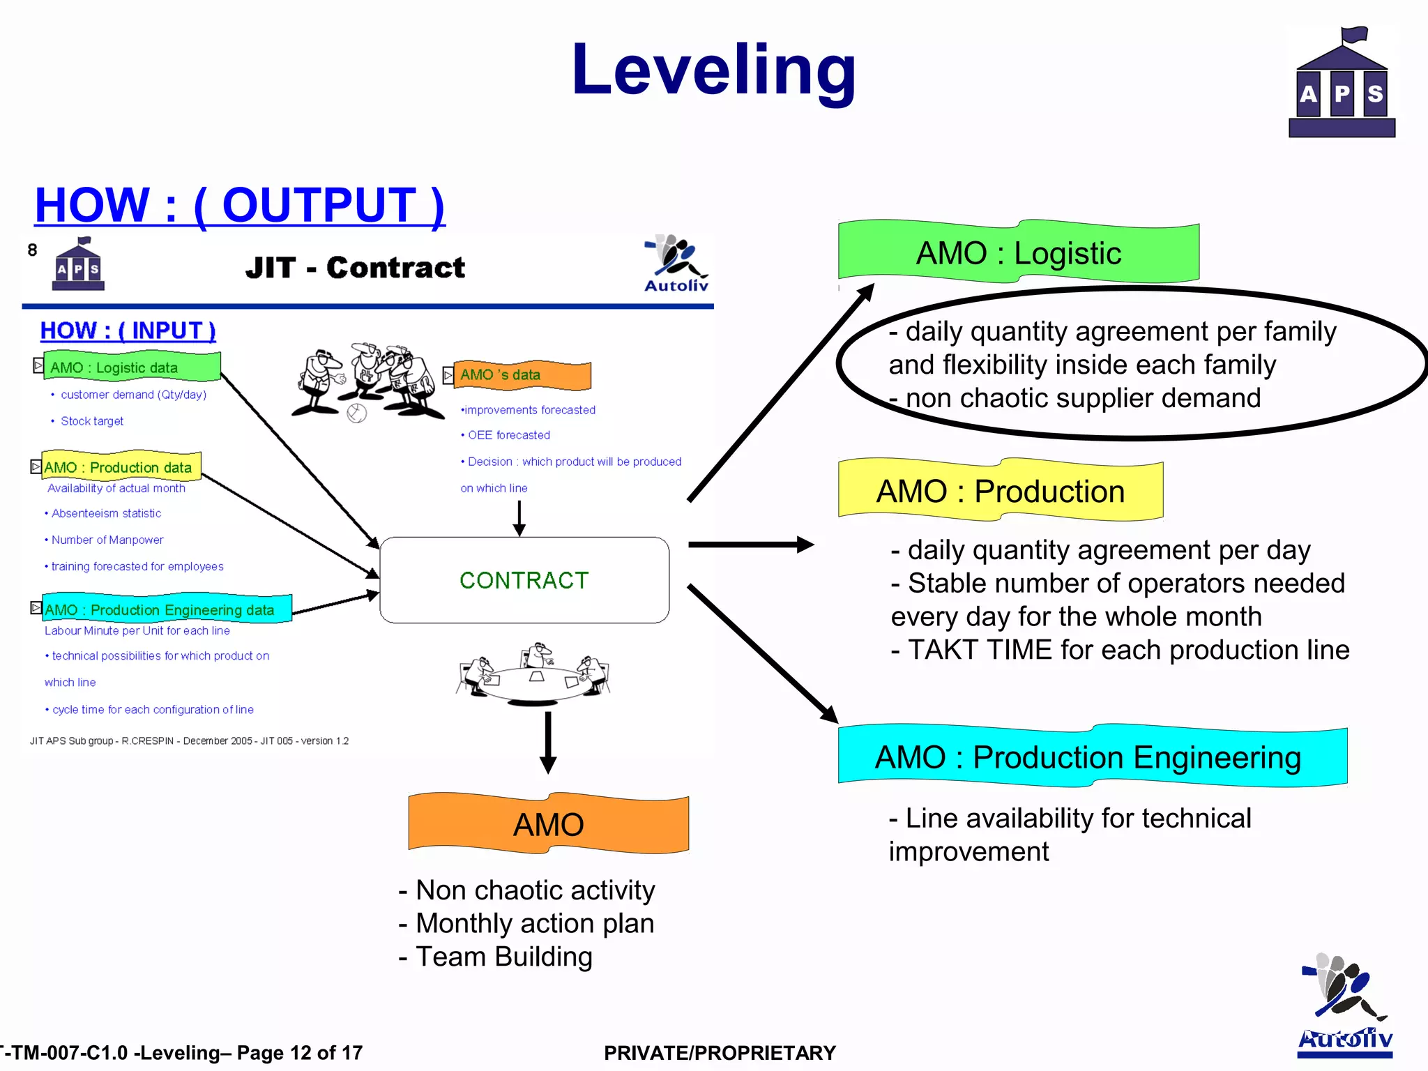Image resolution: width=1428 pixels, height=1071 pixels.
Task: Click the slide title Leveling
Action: pos(713,70)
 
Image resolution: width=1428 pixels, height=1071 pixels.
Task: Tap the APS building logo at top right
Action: pos(1342,84)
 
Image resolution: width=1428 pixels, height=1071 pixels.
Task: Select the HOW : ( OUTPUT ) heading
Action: pos(239,205)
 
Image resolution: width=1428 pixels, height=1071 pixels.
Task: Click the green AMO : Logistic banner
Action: pos(1018,252)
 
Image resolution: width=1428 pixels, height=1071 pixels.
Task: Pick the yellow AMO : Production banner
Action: pos(1001,491)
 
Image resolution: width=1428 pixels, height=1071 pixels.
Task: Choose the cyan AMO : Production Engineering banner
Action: pos(1091,757)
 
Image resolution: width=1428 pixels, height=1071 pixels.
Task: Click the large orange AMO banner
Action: pos(549,824)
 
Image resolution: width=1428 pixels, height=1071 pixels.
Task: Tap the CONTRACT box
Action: pos(524,580)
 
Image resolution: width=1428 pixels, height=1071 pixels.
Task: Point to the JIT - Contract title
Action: pos(355,268)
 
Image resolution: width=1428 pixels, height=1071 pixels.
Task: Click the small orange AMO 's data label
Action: pos(519,375)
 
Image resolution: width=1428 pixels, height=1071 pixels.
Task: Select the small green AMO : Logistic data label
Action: pos(132,367)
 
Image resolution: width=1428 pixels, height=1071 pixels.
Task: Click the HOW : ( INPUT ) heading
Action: pos(128,331)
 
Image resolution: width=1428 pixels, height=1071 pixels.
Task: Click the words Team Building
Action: pos(503,957)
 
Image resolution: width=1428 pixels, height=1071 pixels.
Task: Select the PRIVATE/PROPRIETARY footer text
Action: pos(720,1053)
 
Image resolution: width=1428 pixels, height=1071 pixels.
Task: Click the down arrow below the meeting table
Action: pos(548,742)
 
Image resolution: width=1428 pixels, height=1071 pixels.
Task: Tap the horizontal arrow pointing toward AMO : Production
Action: pos(750,545)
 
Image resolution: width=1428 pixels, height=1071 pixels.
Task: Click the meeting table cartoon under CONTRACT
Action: pos(533,674)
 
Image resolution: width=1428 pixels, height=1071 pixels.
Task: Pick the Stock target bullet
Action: pos(91,421)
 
